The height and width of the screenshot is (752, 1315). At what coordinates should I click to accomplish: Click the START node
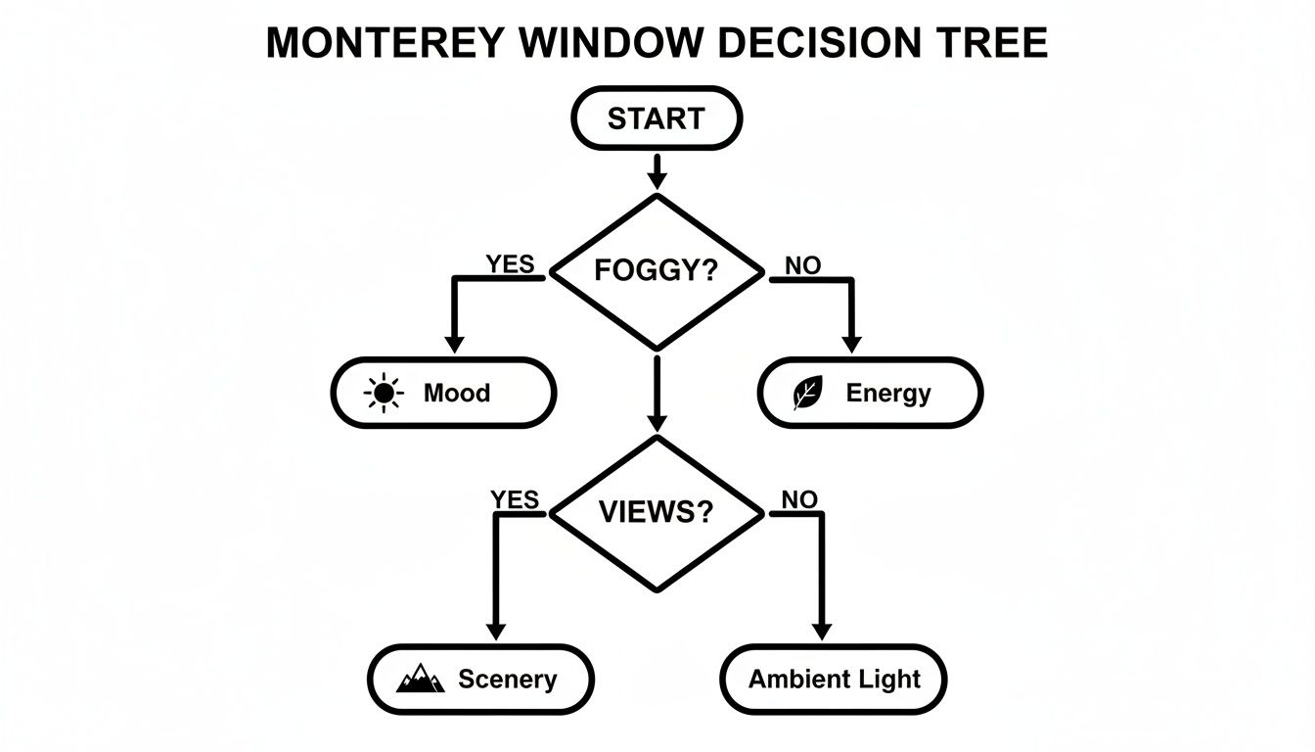point(657,119)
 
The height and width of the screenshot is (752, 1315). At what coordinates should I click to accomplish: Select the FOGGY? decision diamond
point(657,271)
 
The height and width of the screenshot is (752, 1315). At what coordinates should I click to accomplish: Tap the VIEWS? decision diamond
point(657,512)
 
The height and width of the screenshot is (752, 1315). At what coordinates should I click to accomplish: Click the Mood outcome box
point(443,393)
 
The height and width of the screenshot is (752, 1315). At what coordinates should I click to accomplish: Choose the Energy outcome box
point(870,393)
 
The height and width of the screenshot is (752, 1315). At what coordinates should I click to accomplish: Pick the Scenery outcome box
point(480,679)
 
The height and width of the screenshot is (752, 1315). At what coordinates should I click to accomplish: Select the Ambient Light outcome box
point(834,679)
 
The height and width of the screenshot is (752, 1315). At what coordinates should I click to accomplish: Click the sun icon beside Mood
point(383,394)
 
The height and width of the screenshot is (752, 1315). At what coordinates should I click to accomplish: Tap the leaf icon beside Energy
point(807,394)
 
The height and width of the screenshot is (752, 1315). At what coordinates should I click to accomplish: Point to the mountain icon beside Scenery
point(421,679)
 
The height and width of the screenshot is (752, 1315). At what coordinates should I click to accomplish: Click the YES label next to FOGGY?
point(510,263)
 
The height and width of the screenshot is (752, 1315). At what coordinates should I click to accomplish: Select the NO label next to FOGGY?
point(802,265)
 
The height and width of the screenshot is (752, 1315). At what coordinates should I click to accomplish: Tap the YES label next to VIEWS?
point(515,499)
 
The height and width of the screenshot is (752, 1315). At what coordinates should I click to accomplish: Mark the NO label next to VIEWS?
point(798,499)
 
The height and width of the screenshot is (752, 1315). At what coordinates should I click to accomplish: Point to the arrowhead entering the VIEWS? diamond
point(657,422)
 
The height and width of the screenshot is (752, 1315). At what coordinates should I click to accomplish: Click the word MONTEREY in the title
point(385,44)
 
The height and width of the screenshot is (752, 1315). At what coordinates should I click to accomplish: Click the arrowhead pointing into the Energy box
point(851,344)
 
